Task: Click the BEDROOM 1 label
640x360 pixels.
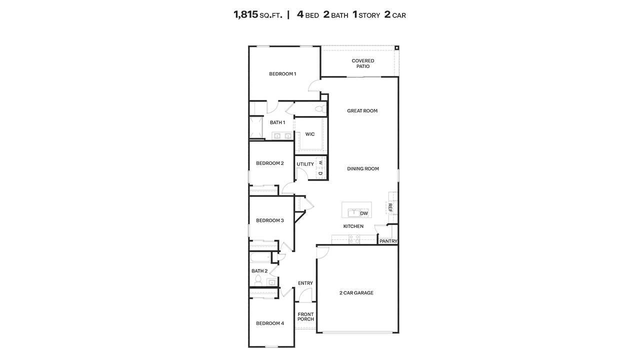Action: point(282,74)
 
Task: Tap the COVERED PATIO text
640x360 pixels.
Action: point(362,63)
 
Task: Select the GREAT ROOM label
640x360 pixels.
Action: point(362,111)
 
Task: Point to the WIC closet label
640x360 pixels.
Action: point(310,134)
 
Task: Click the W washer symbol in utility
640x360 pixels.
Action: point(320,163)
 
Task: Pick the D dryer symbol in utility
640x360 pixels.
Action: point(320,173)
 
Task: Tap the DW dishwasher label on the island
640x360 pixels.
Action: point(364,213)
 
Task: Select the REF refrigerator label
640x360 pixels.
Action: point(390,207)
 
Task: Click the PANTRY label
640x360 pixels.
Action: point(388,241)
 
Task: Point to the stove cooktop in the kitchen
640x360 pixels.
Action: point(354,240)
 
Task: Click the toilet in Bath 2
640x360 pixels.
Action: point(258,279)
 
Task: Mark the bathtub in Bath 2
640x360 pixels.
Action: point(260,258)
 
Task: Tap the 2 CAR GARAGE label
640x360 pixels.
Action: point(356,293)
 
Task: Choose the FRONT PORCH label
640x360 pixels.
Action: point(305,317)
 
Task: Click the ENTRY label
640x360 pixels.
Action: point(305,283)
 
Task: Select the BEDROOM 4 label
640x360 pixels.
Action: point(270,323)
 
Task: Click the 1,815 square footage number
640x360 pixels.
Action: point(245,14)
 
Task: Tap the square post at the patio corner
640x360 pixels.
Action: point(396,48)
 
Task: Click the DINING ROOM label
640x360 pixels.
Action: point(363,169)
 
